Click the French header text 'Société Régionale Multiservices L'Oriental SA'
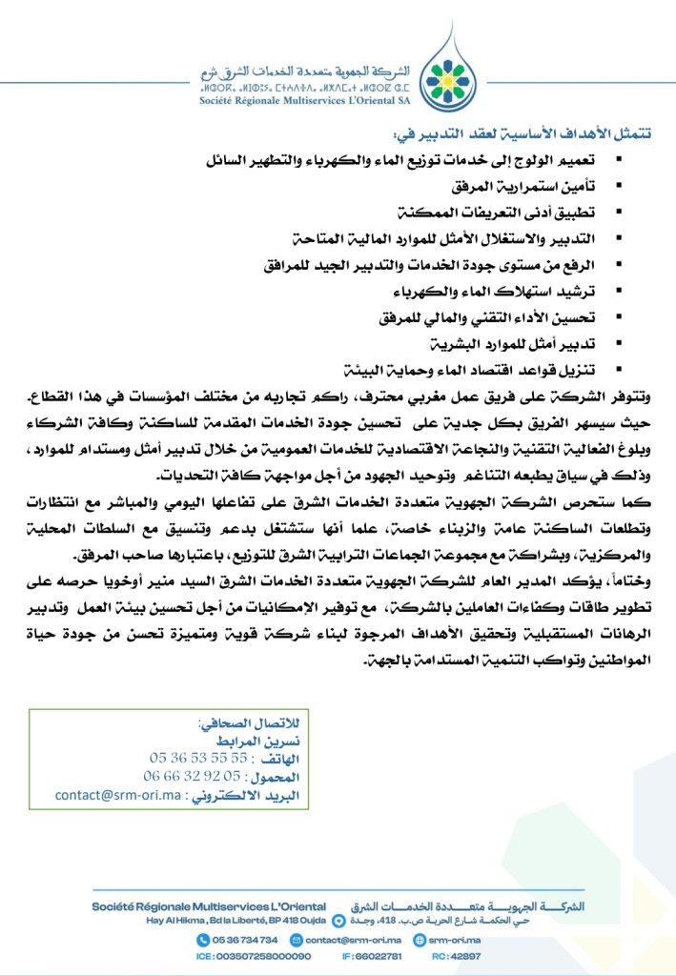300,98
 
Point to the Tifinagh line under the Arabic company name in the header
300,85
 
